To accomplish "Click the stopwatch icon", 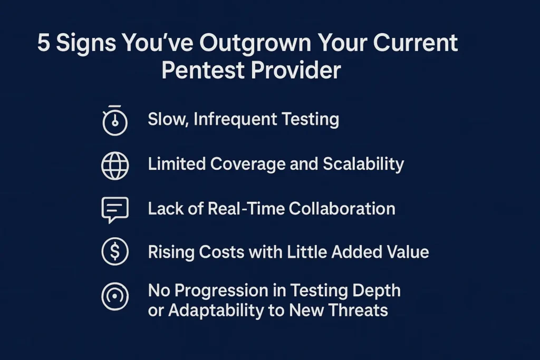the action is point(115,121).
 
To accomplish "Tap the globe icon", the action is point(115,166).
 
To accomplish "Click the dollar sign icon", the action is point(115,251).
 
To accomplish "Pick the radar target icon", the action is point(115,296).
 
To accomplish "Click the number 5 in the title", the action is point(43,43).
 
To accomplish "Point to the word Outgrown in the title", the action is point(255,44).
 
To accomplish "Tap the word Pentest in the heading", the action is point(203,70).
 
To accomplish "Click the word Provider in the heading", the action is point(296,70).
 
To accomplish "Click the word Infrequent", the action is point(235,120).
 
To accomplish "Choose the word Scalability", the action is point(363,164).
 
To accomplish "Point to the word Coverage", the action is point(248,164).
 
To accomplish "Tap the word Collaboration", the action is point(342,209).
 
